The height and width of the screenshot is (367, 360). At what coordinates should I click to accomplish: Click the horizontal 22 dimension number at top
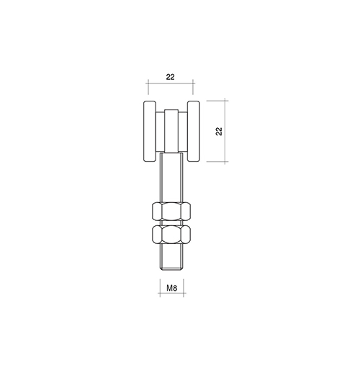[x=170, y=77]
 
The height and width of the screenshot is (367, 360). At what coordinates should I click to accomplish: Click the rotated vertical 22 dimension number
[x=219, y=131]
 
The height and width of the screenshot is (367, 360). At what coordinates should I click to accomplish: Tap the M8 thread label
[x=172, y=288]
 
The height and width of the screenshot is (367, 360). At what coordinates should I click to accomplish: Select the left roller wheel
[x=150, y=131]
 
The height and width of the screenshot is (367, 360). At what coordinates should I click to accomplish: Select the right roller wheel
[x=194, y=131]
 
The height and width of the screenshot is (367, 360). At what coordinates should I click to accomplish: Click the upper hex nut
[x=171, y=211]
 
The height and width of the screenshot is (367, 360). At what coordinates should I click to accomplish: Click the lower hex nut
[x=171, y=234]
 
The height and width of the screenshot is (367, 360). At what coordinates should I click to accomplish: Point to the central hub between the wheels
[x=171, y=131]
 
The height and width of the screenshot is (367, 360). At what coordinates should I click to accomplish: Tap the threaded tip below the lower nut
[x=171, y=257]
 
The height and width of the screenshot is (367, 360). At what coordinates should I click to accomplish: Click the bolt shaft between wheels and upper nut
[x=171, y=178]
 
